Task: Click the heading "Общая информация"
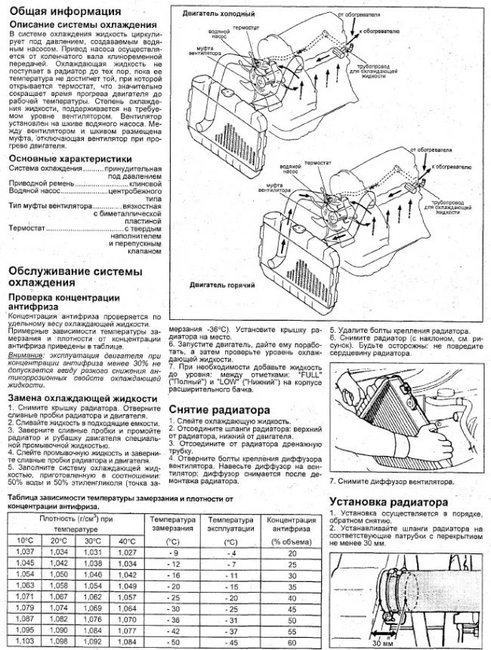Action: [x=63, y=12]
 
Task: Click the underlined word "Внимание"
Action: [x=26, y=354]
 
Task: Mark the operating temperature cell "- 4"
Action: [x=231, y=553]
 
